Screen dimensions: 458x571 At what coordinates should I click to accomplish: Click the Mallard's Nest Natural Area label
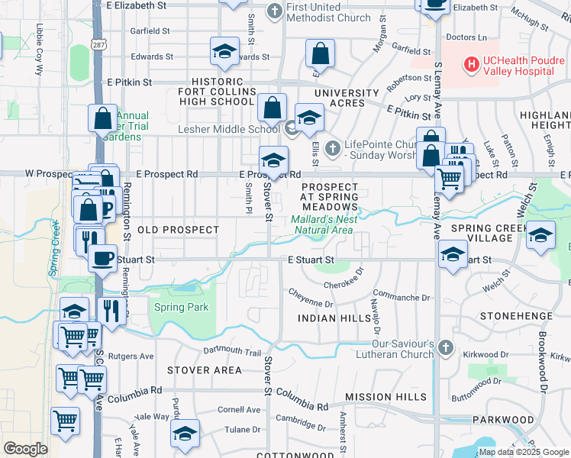322,224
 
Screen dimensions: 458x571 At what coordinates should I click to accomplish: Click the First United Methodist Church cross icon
275,11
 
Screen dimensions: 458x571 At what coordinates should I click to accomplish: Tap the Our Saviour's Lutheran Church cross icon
446,349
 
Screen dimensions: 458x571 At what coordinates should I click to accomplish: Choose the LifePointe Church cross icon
331,147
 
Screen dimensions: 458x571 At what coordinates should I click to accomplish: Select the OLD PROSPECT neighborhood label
179,230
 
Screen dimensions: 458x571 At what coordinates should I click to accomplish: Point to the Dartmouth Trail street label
232,352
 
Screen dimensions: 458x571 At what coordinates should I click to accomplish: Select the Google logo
25,449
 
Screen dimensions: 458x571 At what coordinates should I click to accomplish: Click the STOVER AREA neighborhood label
205,370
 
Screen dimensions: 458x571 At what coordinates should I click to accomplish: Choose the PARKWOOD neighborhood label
503,420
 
